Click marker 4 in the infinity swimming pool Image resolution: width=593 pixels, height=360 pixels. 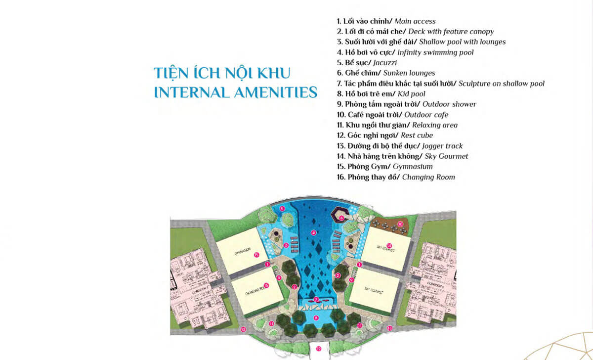click(x=313, y=232)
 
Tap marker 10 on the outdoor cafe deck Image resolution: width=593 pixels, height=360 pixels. click(x=401, y=224)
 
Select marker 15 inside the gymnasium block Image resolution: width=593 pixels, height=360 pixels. click(x=256, y=255)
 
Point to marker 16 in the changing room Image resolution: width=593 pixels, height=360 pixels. click(x=266, y=285)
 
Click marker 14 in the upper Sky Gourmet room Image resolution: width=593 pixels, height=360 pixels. click(x=389, y=246)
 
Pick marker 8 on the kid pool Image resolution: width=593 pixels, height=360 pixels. click(x=316, y=317)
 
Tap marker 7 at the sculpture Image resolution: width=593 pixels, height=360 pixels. click(x=316, y=299)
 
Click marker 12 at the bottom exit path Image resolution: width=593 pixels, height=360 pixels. click(x=319, y=349)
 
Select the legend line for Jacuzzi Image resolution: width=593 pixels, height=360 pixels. click(x=367, y=63)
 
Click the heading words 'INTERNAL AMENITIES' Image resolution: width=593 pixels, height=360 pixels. click(x=236, y=92)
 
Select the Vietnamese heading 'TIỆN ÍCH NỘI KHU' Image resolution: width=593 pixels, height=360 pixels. click(x=222, y=73)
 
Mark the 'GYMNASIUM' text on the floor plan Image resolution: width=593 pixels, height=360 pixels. click(x=241, y=248)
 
